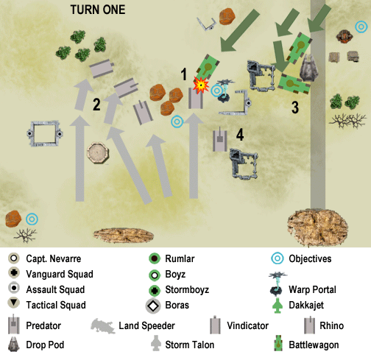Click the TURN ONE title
coord(98,10)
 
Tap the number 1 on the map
coord(184,74)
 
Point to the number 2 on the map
coord(96,105)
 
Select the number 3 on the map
coord(295,107)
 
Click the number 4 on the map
coord(240,135)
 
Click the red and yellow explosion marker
coord(201,85)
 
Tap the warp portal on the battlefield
coord(224,91)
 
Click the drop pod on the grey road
coord(308,68)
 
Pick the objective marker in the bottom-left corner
coord(32,219)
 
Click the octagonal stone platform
coord(98,152)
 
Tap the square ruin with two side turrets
coord(45,134)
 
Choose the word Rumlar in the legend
coord(180,258)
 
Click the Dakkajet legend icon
coord(278,306)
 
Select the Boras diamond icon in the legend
coord(153,306)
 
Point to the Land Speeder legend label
coord(146,325)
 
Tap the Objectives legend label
coord(310,258)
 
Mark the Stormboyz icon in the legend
coord(155,290)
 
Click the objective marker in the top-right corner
coord(361,27)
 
